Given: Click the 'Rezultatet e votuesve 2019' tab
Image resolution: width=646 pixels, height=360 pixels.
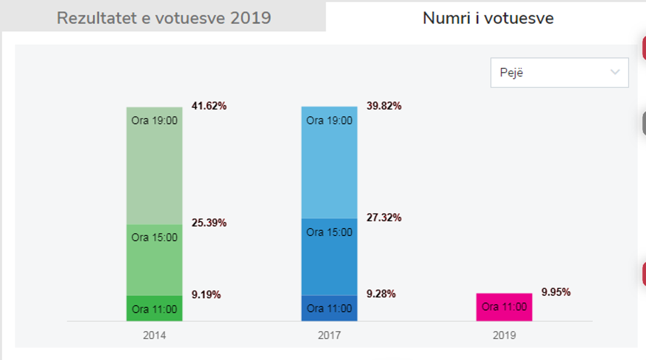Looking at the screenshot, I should pos(163,18).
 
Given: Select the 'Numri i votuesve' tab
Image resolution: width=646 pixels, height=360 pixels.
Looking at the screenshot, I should pos(488,18).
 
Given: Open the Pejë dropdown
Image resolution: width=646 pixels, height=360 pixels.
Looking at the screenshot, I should pos(559,73).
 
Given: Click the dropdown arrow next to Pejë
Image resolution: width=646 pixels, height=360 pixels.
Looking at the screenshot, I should pos(615,73).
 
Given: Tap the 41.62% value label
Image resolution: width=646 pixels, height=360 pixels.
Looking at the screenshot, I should pos(209,105).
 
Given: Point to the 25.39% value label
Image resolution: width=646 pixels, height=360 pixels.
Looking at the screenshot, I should pos(209,223).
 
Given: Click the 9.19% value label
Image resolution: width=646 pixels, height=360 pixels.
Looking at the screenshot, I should pos(206,295).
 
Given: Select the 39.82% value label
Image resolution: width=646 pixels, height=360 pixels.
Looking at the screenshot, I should pos(384,105).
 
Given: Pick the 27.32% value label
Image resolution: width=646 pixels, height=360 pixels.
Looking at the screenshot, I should pos(384,218).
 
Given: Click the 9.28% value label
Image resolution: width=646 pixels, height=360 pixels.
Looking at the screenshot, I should pos(381,294).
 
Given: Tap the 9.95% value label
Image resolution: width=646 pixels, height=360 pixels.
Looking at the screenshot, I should pos(556,292).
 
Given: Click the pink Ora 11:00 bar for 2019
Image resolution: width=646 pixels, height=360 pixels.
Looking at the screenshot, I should pos(504,307).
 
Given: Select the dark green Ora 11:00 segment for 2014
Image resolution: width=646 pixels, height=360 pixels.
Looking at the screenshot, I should pos(154,309).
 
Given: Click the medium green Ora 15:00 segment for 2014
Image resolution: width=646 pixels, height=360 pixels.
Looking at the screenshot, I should pos(154,260).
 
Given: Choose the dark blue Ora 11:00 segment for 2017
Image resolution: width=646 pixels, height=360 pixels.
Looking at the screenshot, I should pos(329,308).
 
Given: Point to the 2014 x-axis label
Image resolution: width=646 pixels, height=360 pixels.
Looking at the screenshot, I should pos(154,335).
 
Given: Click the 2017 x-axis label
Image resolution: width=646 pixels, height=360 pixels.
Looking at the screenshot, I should pos(329,335).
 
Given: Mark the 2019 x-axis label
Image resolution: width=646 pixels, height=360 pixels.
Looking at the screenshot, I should pos(504,335).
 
